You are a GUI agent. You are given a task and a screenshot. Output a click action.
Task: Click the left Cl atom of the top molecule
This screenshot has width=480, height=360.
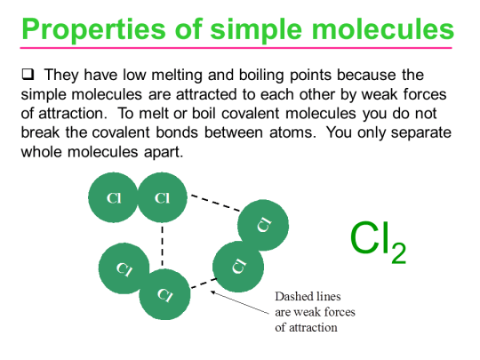coord(113,198)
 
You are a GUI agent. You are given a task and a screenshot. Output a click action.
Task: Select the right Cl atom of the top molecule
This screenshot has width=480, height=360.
coord(162,198)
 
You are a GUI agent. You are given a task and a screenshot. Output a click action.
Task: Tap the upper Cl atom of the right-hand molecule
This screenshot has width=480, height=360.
coord(263,224)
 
